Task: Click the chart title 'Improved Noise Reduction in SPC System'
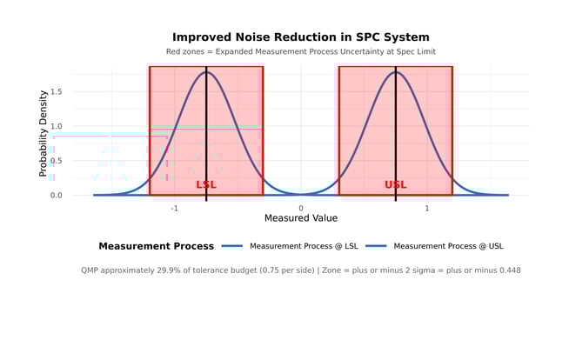[300, 37]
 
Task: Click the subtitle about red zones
[300, 52]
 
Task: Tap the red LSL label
[206, 184]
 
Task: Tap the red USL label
[396, 184]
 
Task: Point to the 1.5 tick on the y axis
[56, 91]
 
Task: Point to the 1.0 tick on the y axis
[56, 126]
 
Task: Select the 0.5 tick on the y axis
[56, 161]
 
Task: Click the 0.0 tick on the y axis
[56, 195]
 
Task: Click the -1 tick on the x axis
[174, 209]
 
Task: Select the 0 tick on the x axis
[301, 209]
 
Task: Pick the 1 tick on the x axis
[427, 209]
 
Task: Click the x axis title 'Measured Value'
[301, 218]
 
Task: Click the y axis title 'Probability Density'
[44, 132]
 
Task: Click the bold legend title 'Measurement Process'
[156, 246]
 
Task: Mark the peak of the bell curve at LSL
[206, 72]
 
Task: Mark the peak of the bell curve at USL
[396, 72]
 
